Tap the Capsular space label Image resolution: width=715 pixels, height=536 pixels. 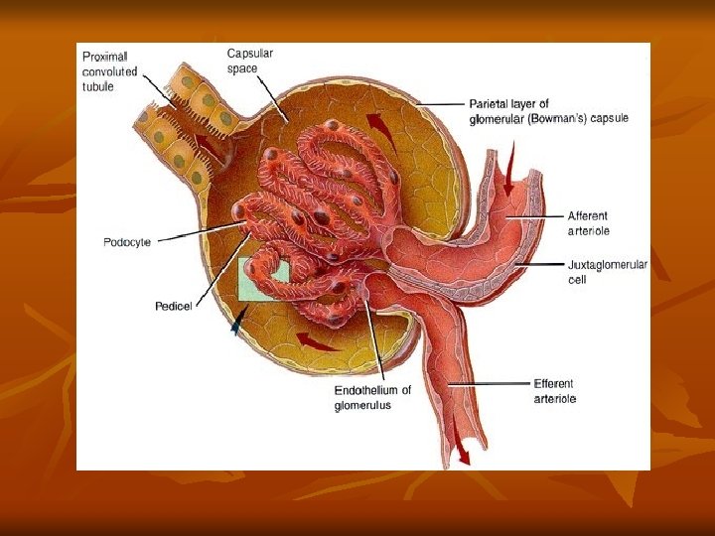[249, 61]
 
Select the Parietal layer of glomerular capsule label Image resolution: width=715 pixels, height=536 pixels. [548, 111]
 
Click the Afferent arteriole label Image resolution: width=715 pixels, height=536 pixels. [588, 223]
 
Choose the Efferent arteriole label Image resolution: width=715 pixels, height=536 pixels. [554, 391]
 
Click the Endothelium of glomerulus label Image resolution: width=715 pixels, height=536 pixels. [372, 398]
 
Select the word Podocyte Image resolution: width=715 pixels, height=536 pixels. [127, 242]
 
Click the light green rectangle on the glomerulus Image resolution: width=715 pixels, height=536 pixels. [263, 280]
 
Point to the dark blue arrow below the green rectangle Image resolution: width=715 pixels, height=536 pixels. [236, 321]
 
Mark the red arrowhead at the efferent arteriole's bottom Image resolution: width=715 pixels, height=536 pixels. [462, 458]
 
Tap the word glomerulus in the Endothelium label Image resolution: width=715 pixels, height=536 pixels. [362, 405]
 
